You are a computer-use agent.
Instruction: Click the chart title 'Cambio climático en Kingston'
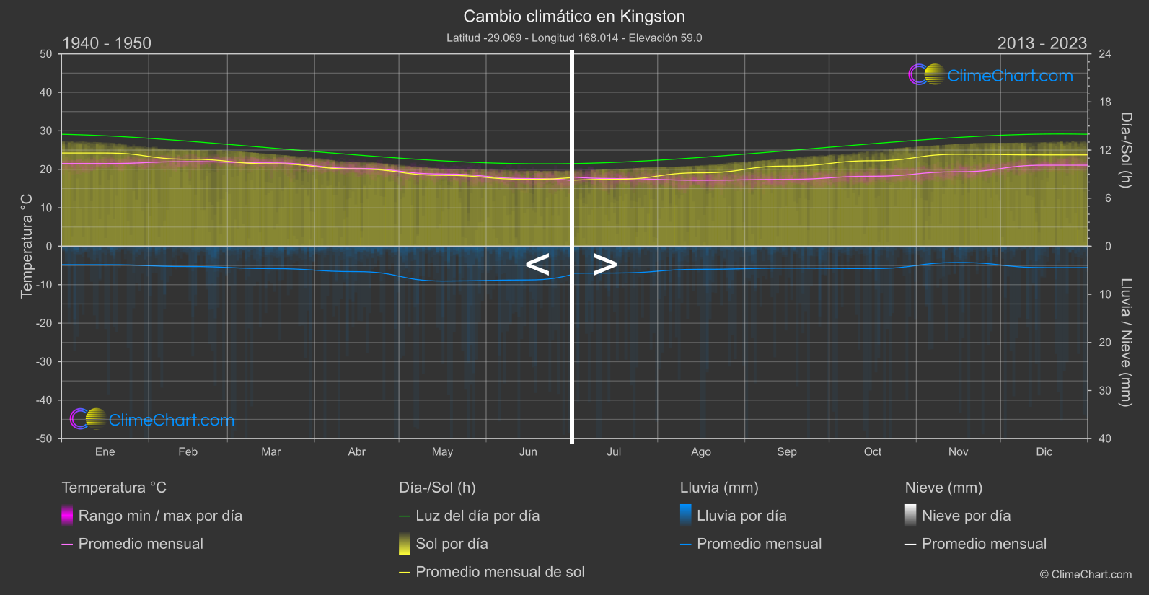tap(574, 16)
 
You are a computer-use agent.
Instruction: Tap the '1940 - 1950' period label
tap(107, 43)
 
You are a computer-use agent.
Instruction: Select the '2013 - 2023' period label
tap(1042, 43)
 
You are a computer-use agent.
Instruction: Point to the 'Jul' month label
tap(614, 451)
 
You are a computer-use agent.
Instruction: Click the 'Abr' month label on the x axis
tap(356, 451)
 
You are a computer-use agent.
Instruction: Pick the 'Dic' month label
tap(1044, 451)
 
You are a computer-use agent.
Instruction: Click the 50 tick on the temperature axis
tap(46, 54)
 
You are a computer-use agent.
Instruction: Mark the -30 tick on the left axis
tap(44, 361)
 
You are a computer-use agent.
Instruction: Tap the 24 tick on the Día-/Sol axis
tap(1105, 54)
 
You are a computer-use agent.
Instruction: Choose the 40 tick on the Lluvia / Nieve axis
tap(1105, 438)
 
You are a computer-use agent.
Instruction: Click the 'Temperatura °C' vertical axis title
tap(27, 245)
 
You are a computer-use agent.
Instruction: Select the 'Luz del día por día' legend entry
tap(477, 516)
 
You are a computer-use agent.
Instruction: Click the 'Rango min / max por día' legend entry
tap(160, 516)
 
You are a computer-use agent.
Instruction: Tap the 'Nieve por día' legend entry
tap(966, 516)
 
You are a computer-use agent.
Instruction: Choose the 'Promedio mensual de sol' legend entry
tap(500, 572)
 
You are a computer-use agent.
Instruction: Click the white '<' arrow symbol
tap(537, 265)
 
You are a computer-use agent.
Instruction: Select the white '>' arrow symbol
tap(605, 265)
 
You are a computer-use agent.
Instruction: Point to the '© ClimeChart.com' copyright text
tap(1086, 575)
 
